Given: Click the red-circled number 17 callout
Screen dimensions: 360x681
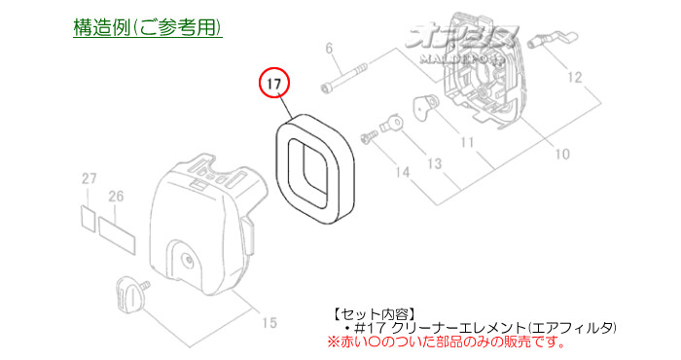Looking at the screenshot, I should coord(274,84).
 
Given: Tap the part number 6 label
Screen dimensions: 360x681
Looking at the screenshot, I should coord(328,48).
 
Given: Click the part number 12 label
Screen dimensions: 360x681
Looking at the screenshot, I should coord(602,77).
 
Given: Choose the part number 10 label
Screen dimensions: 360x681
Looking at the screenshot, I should coord(563,153).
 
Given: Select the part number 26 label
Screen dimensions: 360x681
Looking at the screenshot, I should coord(116,197).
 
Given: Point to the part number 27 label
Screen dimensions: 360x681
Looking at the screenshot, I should coord(90,179).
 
